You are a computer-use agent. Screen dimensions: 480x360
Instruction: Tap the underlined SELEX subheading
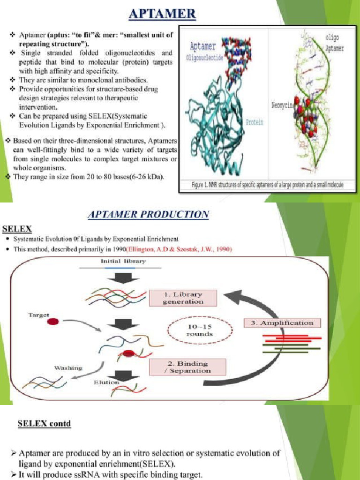point(17,229)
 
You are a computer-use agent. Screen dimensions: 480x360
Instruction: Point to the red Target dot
point(53,322)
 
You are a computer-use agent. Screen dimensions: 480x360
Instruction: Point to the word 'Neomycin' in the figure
point(283,105)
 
